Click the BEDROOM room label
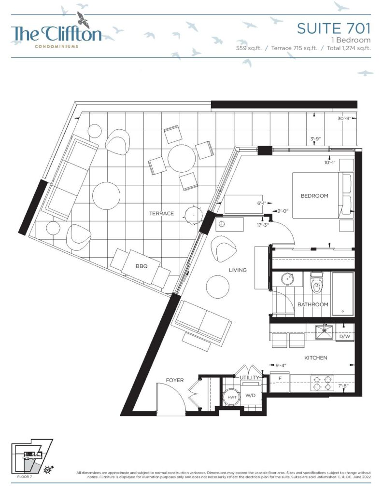(314, 196)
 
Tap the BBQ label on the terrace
(141, 266)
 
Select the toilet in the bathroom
(316, 283)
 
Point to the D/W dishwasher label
(345, 336)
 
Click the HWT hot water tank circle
(232, 397)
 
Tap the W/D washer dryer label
(250, 396)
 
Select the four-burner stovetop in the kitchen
(322, 383)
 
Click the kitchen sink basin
(324, 332)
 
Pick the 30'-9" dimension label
(344, 119)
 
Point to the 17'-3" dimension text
(262, 225)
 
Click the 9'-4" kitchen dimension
(281, 366)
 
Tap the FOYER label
(175, 380)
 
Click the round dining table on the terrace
(182, 158)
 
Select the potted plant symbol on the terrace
(193, 214)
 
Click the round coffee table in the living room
(218, 287)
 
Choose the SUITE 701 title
(334, 28)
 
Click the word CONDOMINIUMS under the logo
(57, 46)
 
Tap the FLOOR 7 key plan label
(25, 477)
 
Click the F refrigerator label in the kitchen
(280, 378)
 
